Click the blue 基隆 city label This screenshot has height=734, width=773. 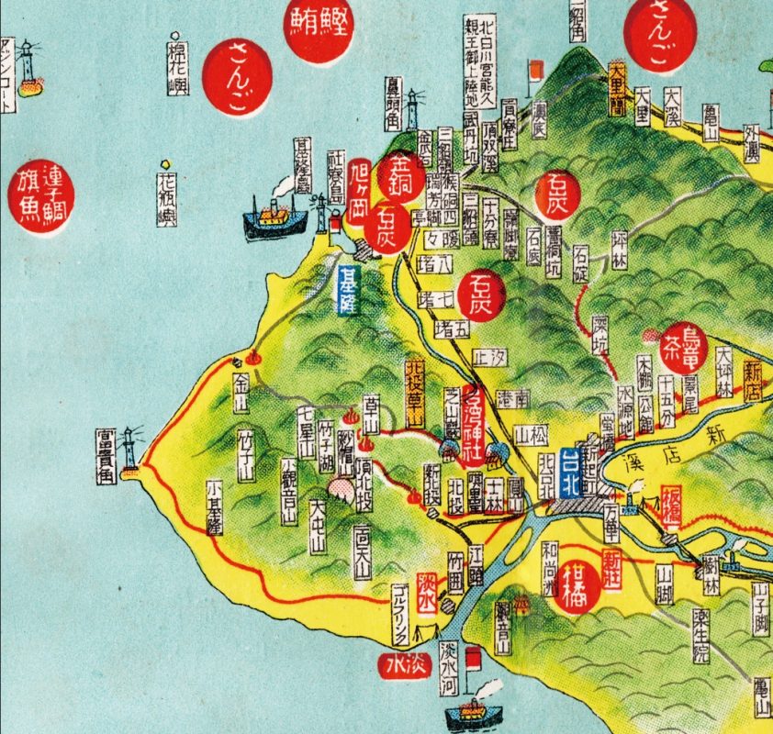[x=348, y=290]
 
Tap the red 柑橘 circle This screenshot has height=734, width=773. [x=579, y=586]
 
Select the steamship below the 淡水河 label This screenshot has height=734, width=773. [x=474, y=712]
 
